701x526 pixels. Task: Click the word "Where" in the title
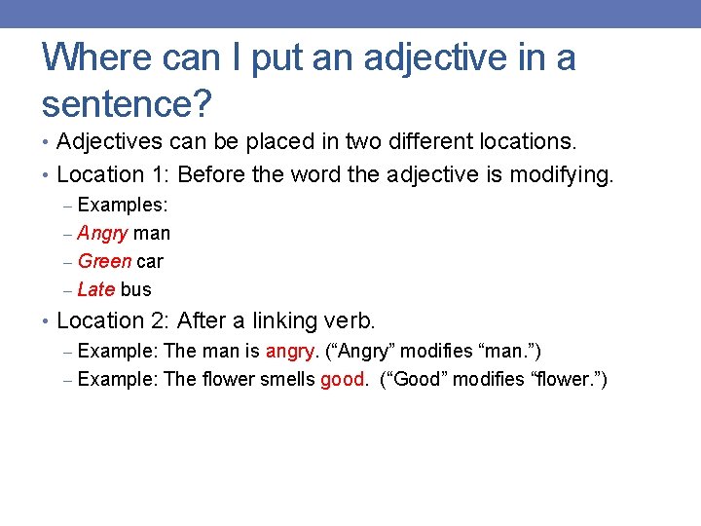click(93, 57)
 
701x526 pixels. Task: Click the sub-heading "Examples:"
click(123, 206)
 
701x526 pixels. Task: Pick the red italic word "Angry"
click(102, 234)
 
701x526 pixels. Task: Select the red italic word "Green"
click(104, 261)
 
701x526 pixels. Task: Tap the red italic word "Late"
click(96, 289)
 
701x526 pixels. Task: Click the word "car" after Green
click(150, 261)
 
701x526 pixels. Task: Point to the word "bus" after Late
click(136, 289)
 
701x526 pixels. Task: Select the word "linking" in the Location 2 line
click(287, 320)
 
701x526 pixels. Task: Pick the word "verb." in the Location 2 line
click(352, 320)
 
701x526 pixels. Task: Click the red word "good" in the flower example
click(343, 379)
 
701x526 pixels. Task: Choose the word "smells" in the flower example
click(287, 379)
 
